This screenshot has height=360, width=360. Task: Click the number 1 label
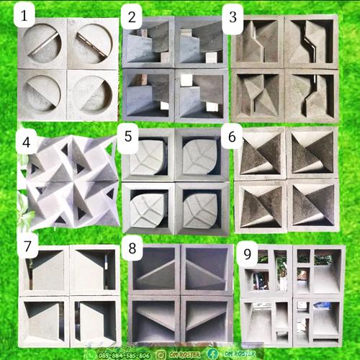(x=26, y=14)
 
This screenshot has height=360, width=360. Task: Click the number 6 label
(x=231, y=137)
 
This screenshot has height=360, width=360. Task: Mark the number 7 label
(x=27, y=247)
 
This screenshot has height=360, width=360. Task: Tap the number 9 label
(x=246, y=254)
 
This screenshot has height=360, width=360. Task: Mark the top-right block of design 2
(x=200, y=42)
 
